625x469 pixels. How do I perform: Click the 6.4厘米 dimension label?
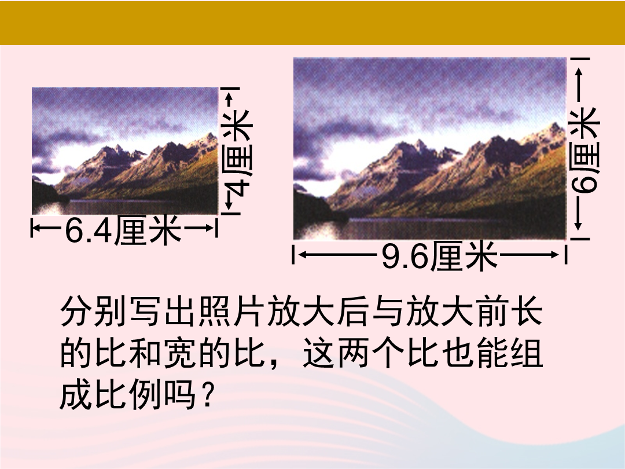tap(123, 230)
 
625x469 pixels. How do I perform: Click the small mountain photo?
tap(125, 151)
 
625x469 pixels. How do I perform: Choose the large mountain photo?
tap(429, 148)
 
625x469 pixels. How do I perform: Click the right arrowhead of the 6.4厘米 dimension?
tap(211, 228)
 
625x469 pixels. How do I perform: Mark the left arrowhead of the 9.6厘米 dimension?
tap(303, 254)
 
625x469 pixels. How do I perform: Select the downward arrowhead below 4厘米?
tap(229, 205)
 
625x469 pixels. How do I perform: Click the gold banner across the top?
tap(312, 23)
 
